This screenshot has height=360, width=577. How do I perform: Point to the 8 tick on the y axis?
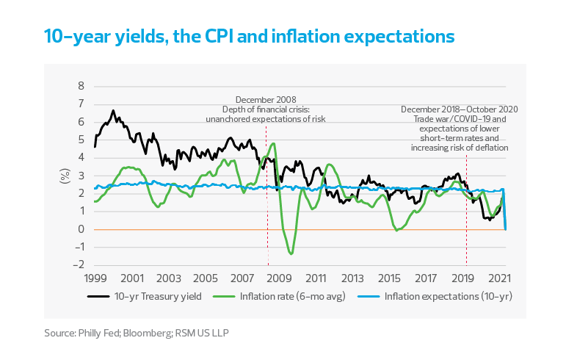pyautogui.click(x=81, y=86)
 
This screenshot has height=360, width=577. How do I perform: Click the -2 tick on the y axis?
pyautogui.click(x=80, y=265)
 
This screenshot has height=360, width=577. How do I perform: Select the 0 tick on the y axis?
pyautogui.click(x=81, y=229)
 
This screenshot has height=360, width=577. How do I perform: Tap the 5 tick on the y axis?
pyautogui.click(x=81, y=140)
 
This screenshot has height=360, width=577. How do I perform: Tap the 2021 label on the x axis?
pyautogui.click(x=501, y=279)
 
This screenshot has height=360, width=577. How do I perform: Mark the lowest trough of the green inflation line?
pyautogui.click(x=291, y=254)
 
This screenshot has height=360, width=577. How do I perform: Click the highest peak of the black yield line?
pyautogui.click(x=112, y=111)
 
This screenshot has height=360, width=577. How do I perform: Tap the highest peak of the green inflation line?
pyautogui.click(x=273, y=143)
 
